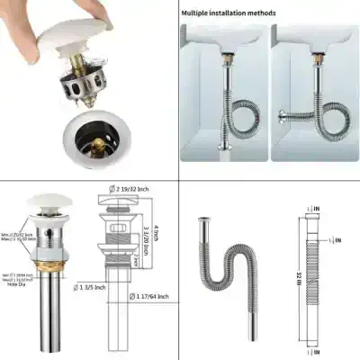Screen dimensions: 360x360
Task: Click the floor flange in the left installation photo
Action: point(219,151)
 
